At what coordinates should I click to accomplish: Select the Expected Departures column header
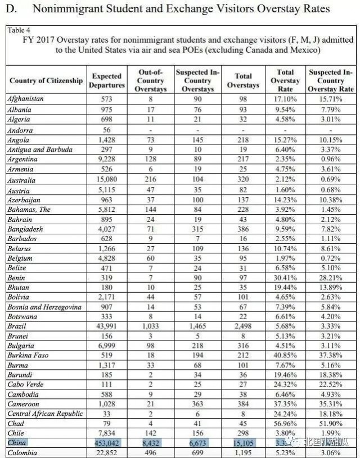tap(106, 80)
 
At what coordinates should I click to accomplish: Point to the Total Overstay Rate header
tap(286, 80)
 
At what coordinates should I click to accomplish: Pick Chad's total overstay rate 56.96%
tap(286, 423)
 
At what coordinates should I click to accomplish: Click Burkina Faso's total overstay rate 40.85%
tap(286, 356)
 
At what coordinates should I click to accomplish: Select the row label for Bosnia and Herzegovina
tap(44, 307)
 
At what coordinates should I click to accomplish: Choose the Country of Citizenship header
tap(46, 80)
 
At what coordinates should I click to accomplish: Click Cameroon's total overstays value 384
tap(243, 404)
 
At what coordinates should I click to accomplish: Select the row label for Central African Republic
tap(45, 414)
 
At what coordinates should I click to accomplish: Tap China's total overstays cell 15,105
tap(243, 443)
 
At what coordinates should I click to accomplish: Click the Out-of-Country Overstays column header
tap(151, 80)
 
